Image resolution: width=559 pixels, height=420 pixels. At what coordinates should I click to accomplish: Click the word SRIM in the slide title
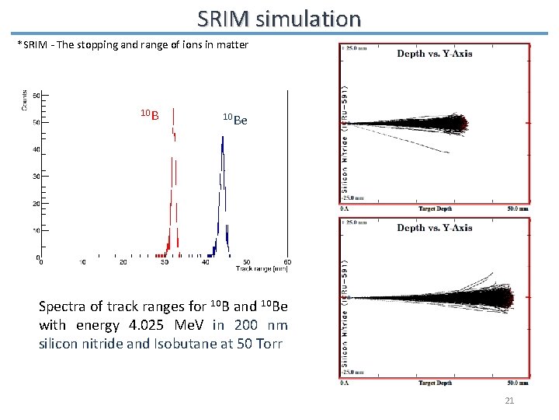tap(224, 18)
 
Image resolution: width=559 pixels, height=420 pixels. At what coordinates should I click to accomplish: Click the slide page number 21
tap(509, 400)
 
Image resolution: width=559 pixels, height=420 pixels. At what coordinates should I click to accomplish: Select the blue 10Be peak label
tap(234, 120)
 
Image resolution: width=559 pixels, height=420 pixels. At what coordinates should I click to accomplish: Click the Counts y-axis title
tap(26, 100)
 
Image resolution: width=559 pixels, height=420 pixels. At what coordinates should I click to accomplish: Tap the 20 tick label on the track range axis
tap(123, 262)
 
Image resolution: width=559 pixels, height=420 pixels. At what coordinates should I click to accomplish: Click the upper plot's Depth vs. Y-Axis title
tap(434, 54)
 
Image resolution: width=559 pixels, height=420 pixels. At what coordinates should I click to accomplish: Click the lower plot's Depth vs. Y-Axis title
tap(434, 228)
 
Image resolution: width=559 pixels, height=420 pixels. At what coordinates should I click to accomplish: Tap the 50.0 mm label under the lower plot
tap(518, 383)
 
